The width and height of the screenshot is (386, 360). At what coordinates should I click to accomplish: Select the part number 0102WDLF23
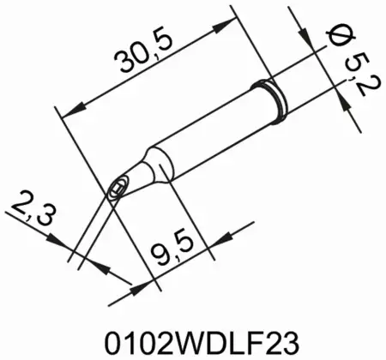(192, 336)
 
